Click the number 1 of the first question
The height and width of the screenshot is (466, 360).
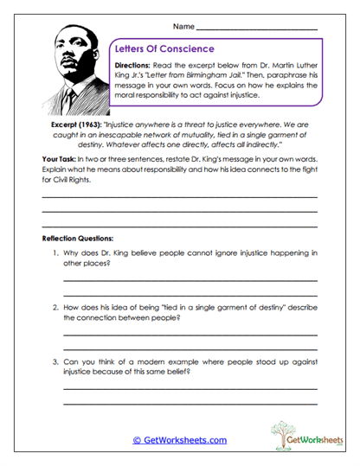[54, 253]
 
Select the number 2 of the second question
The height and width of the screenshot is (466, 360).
[54, 308]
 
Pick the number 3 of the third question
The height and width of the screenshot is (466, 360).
[54, 361]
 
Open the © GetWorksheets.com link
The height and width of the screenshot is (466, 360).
[179, 440]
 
